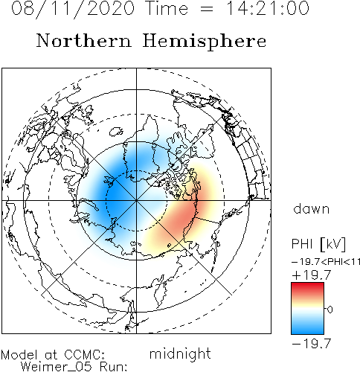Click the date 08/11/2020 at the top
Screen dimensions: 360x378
pos(73,9)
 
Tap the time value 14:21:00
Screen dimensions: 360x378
pos(268,8)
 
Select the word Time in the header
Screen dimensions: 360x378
pos(167,8)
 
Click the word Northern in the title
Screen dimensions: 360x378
pos(84,40)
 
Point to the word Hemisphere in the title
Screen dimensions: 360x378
pos(205,42)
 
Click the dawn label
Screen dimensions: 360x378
pos(312,209)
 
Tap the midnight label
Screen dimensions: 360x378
pos(180,354)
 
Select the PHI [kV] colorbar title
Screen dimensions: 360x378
pos(318,244)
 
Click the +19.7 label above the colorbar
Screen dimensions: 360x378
pos(312,275)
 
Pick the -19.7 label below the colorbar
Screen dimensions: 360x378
pos(312,344)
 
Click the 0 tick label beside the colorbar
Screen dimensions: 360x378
pos(330,310)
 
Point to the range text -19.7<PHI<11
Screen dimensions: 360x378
pos(326,262)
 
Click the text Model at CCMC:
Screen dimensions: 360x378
pos(53,355)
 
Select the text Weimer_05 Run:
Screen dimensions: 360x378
pos(74,367)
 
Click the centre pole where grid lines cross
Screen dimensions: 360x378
pos(136,200)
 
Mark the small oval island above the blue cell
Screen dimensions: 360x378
pos(116,132)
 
